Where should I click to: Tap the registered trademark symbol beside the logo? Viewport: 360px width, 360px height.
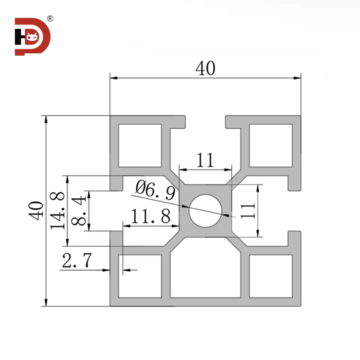pos(50,19)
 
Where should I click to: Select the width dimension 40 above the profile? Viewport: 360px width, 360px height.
pos(205,69)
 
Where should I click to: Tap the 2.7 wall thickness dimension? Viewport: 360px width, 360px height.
pos(77,262)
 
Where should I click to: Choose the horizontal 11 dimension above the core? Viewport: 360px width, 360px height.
pos(205,160)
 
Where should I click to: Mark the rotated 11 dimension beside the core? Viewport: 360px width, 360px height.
pos(248,210)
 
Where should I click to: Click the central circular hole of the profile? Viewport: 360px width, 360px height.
pos(205,210)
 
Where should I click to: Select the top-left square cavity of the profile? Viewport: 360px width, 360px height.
pos(140,145)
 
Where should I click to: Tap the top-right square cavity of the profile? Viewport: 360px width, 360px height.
pos(271,145)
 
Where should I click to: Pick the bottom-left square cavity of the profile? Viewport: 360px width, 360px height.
pos(140,276)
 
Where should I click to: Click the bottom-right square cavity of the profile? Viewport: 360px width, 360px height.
pos(271,276)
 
